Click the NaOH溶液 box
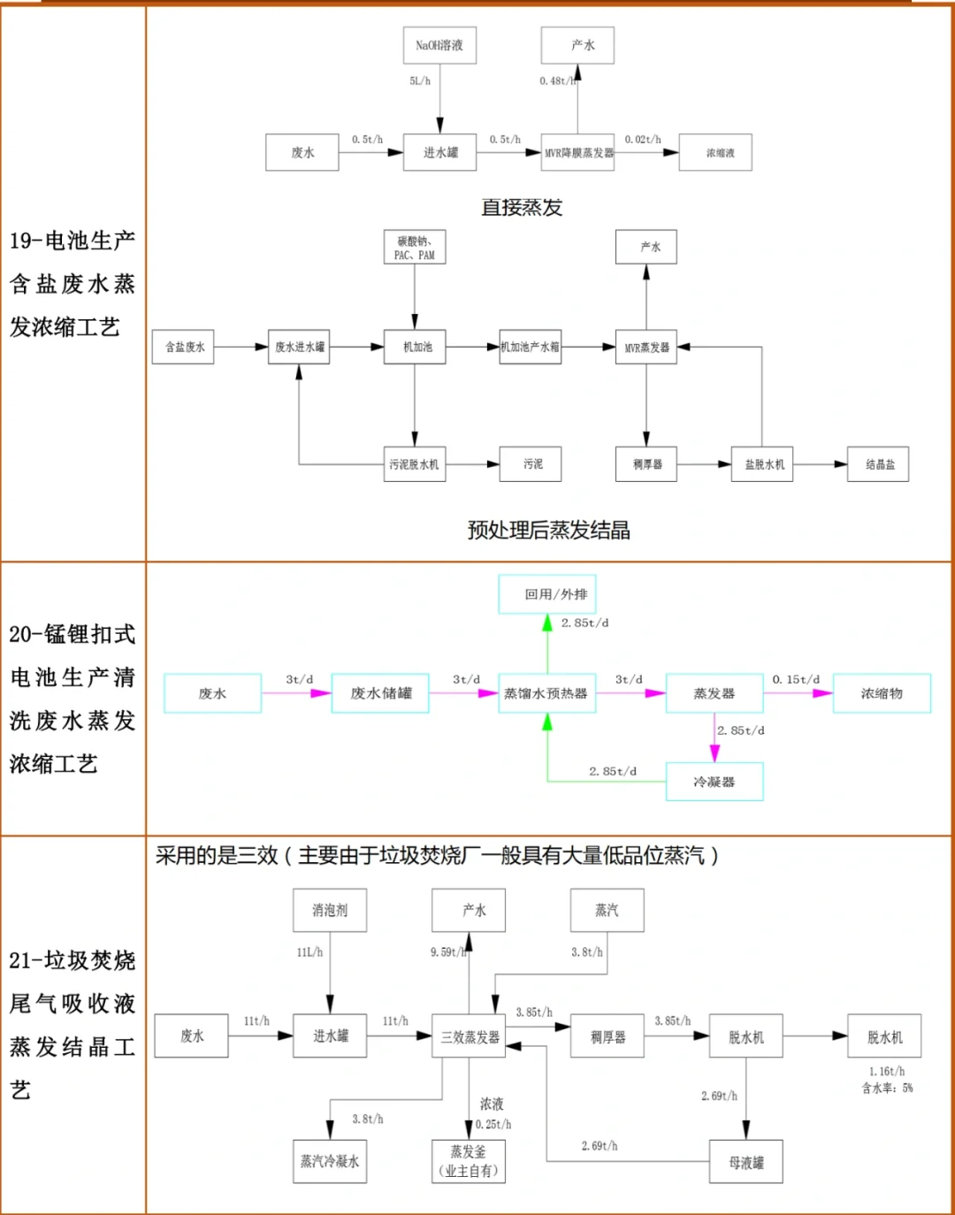(x=439, y=45)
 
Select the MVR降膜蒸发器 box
(x=578, y=153)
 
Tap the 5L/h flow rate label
(x=420, y=80)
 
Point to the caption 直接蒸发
(x=522, y=208)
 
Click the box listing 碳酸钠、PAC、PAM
(x=415, y=248)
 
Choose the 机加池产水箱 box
(x=530, y=348)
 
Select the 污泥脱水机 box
(x=415, y=464)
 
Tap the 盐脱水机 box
(x=762, y=464)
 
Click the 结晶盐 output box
(x=878, y=464)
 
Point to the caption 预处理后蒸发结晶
(x=548, y=531)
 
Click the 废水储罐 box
(x=380, y=693)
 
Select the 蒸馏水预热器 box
(x=546, y=693)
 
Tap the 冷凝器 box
(x=714, y=782)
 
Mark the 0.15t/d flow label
(x=796, y=679)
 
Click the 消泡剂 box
(x=330, y=910)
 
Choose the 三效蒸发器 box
(x=470, y=1036)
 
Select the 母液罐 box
(x=746, y=1163)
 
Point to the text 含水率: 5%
(x=888, y=1089)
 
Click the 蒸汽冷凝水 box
(x=330, y=1161)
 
